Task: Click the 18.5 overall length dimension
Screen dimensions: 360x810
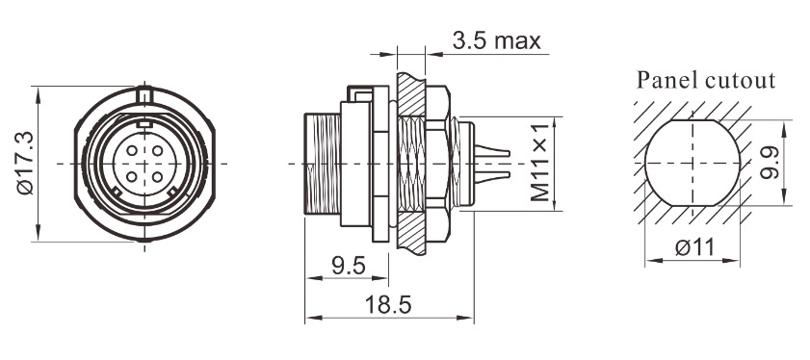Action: [390, 305]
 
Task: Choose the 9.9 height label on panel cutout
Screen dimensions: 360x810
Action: [770, 164]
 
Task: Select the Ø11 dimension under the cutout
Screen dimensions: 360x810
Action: [694, 247]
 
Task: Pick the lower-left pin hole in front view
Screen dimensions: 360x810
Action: [130, 175]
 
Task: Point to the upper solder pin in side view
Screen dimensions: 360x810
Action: [497, 152]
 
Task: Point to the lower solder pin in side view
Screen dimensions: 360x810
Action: [497, 176]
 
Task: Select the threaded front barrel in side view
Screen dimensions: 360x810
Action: [321, 164]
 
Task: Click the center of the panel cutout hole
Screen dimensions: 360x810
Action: [693, 164]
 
